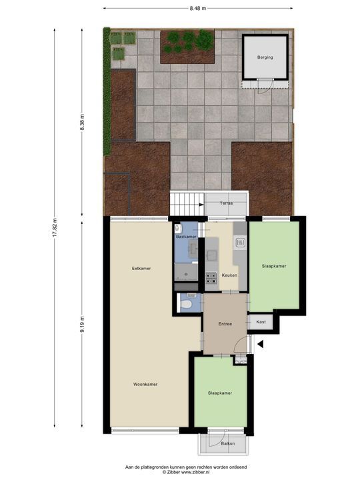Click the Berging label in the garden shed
coord(265,57)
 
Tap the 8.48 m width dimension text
coord(197,8)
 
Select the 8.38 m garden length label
coord(82,123)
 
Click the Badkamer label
coord(186,237)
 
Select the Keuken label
coord(229,275)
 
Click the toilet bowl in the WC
coord(188,305)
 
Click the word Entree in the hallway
coord(225,324)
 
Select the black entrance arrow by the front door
coord(261,344)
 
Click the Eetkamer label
coord(141,269)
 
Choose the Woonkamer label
coord(145,385)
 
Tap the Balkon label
coord(229,443)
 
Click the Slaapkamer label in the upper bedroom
coord(274,266)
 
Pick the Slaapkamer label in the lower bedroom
coord(219,393)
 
